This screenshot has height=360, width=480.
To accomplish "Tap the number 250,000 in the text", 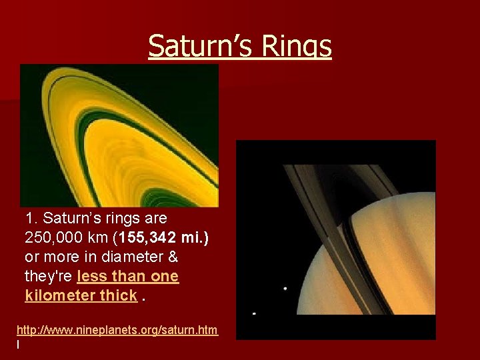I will [x=53, y=237].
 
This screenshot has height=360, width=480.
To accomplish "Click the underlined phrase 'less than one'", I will [x=128, y=276].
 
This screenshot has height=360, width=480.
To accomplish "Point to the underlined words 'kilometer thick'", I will [x=81, y=295].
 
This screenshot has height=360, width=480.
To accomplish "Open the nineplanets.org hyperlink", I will [x=117, y=330].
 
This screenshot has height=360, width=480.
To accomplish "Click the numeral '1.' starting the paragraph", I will [x=31, y=218].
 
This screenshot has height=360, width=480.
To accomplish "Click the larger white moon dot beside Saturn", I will [x=285, y=289].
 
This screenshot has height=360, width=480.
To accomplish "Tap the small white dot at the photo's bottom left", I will [x=254, y=313].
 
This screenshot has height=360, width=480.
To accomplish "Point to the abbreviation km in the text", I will [x=97, y=237].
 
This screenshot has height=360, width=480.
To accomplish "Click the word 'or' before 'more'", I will [x=31, y=257].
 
